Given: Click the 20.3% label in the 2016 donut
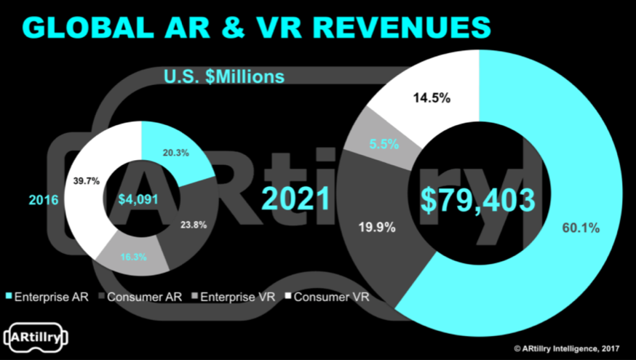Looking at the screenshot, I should [172, 153].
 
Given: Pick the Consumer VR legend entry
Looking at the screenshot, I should [329, 297].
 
